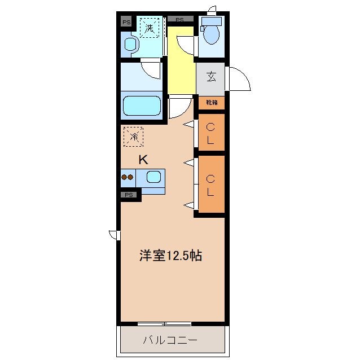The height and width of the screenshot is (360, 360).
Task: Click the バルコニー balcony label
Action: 170,340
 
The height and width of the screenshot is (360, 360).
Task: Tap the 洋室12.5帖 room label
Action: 171,256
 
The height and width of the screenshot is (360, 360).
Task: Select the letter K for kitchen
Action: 143,160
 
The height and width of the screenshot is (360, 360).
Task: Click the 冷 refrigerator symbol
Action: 134,137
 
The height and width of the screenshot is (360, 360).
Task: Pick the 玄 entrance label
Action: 210,76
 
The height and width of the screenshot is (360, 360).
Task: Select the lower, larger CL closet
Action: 210,185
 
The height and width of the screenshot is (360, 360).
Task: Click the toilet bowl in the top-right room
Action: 212,33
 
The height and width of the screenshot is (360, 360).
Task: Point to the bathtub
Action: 142,106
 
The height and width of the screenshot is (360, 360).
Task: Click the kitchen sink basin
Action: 153,177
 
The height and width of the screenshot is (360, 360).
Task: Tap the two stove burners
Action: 128,177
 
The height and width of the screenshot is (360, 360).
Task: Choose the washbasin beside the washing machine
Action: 130,45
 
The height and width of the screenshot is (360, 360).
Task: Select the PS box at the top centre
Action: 179,19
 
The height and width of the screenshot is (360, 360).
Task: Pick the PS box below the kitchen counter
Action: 130,195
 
